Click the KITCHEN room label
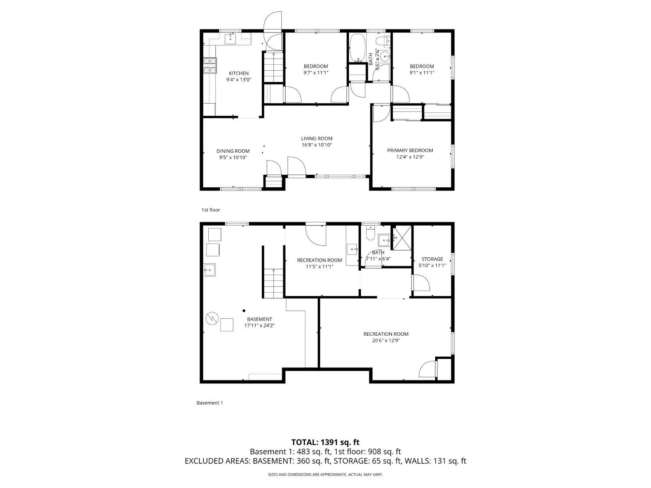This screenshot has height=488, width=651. (x=238, y=73)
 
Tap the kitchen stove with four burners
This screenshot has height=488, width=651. (x=210, y=66)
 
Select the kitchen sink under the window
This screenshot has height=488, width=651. (x=230, y=39)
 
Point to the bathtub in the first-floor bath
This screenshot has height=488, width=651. (x=358, y=48)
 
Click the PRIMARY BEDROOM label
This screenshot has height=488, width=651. (x=410, y=150)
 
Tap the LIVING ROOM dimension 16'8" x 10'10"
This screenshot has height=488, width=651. (x=316, y=145)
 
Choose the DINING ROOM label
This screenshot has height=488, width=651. (x=233, y=151)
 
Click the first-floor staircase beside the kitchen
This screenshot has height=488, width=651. (x=273, y=67)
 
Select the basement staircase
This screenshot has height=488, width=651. (x=273, y=283)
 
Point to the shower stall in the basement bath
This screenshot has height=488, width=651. (x=402, y=238)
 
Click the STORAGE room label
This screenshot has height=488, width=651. (x=432, y=259)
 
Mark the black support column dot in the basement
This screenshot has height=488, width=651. (x=244, y=311)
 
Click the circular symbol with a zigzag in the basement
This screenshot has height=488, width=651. (x=212, y=318)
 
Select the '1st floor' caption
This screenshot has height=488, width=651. (x=210, y=210)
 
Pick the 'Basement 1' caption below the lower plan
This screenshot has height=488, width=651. (x=209, y=403)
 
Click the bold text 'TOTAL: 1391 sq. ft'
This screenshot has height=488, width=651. (x=325, y=442)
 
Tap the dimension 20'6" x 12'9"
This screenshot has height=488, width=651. (x=386, y=341)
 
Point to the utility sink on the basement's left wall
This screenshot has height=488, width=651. (x=209, y=270)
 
